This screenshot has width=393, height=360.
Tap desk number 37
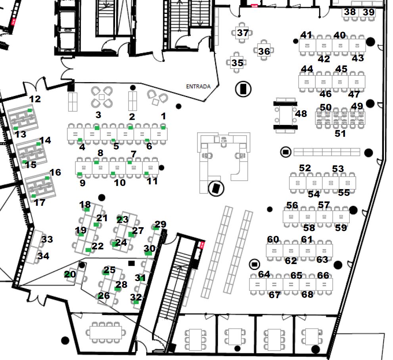(243, 33)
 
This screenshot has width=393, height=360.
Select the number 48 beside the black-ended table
(301, 114)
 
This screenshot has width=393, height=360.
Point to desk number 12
(35, 99)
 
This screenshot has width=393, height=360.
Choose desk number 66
(323, 276)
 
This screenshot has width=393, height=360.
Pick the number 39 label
(368, 12)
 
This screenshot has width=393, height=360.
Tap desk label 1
(163, 116)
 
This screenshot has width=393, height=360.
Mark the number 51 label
(340, 134)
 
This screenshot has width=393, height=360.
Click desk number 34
(43, 256)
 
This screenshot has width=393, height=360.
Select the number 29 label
(160, 224)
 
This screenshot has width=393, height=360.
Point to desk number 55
(344, 193)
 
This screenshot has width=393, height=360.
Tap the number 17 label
(40, 203)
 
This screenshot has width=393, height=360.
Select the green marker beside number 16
(47, 178)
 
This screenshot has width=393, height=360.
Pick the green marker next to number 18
(87, 209)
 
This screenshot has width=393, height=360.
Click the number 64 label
(264, 274)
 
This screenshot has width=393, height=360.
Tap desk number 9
(82, 183)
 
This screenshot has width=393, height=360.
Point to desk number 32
(136, 297)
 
